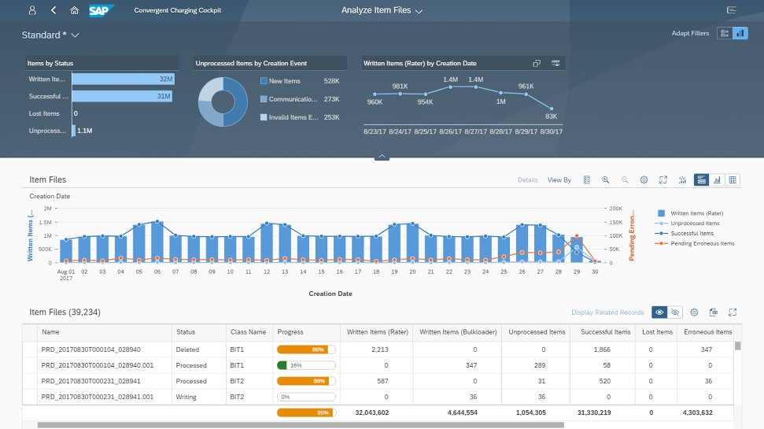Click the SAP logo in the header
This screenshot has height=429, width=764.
[101, 10]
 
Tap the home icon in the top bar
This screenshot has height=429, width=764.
[74, 10]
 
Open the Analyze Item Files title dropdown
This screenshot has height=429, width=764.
[382, 10]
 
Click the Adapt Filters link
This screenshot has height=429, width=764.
[690, 33]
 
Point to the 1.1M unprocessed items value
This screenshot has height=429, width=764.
[85, 131]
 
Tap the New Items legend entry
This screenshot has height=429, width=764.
[286, 81]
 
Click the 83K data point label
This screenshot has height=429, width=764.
[551, 116]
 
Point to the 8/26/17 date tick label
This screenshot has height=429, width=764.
[450, 131]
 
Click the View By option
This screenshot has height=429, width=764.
[559, 180]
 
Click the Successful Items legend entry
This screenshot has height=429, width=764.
[692, 233]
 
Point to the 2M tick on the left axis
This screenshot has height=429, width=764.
[48, 209]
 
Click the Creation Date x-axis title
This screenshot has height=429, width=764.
[330, 294]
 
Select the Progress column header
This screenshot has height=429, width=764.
[290, 332]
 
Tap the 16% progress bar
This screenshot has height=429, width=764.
[306, 365]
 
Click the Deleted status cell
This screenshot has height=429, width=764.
[188, 349]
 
